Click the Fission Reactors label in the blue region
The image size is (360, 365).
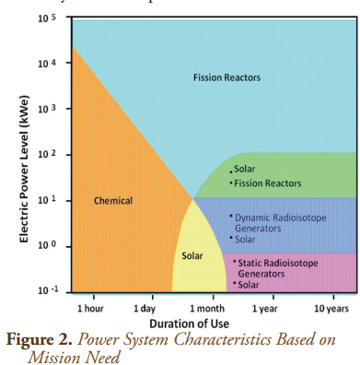pos(226,77)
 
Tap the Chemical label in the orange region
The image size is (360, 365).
pos(113,200)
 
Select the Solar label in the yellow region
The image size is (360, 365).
pos(192,254)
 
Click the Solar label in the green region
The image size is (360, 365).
pos(244,169)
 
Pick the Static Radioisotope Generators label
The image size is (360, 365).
pos(280,268)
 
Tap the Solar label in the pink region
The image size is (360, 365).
pos(249,285)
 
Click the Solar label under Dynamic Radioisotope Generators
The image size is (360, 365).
pos(245,239)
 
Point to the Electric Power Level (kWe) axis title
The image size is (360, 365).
pos(24,173)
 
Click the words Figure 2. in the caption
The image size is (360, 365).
pos(42,338)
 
